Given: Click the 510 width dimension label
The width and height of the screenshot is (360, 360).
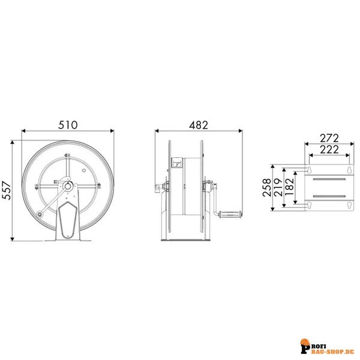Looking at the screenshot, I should pos(67,125).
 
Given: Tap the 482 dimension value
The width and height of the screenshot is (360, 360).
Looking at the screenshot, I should pos(198,125).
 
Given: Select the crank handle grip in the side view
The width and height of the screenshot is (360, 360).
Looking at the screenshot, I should pos(229,213).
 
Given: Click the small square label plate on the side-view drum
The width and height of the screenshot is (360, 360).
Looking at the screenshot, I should pos(178,163).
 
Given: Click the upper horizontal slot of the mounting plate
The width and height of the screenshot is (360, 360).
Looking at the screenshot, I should pos(329,178).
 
